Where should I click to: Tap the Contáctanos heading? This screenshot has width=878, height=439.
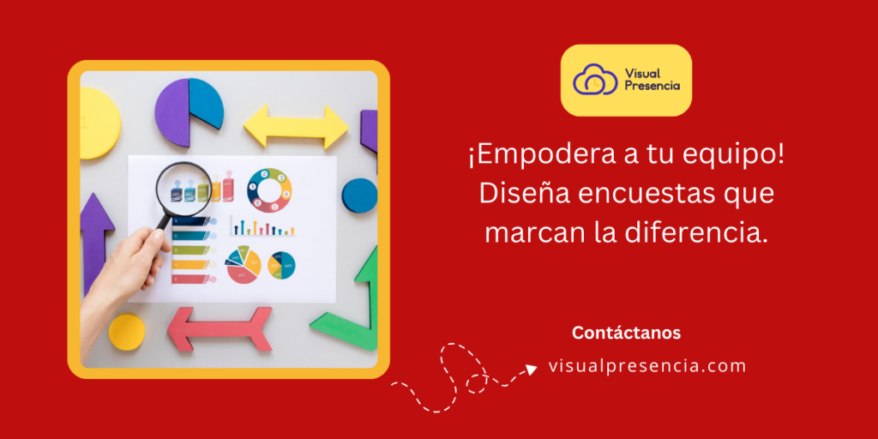click(x=626, y=333)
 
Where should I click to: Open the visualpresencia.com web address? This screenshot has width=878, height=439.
click(x=647, y=366)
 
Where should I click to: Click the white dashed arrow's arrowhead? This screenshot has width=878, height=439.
click(x=532, y=369)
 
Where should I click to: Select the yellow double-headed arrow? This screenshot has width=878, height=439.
click(x=296, y=128)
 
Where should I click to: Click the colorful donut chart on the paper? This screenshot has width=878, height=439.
click(x=269, y=190)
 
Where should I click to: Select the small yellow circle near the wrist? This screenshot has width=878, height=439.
click(x=127, y=331)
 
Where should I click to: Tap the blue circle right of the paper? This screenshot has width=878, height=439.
click(x=359, y=195)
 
